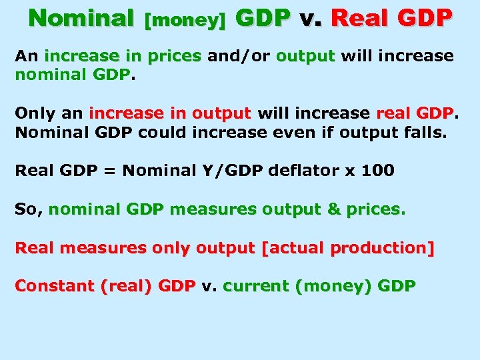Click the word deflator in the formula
pos(299,171)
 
